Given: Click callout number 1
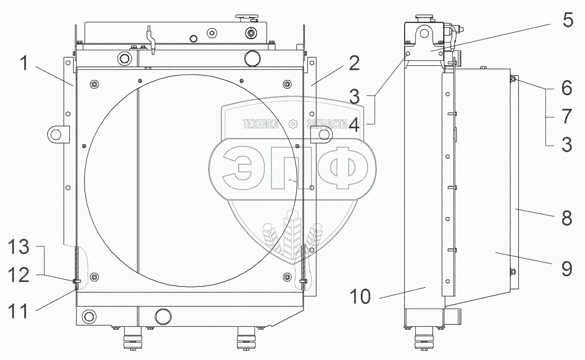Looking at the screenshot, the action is click(24, 63).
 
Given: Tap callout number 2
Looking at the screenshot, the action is click(354, 63).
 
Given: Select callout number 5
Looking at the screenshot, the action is click(568, 20).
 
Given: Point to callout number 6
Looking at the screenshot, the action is click(566, 88).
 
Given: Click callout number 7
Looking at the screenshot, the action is click(566, 116).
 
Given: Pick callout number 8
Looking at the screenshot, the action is click(566, 218).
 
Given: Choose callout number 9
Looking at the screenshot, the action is click(566, 269).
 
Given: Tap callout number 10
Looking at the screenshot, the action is click(360, 297).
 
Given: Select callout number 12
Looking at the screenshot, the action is click(19, 275).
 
